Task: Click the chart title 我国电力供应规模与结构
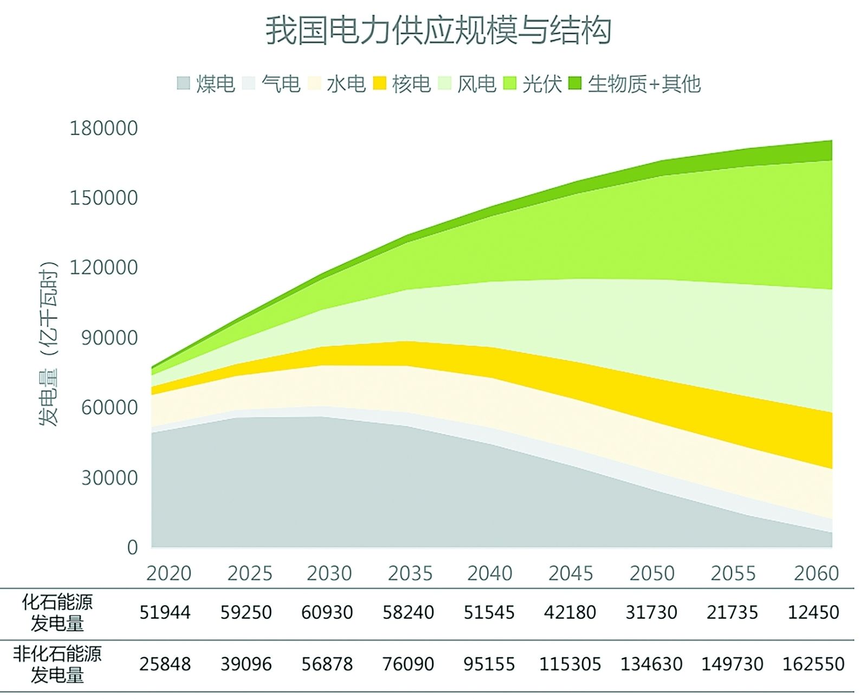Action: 438,30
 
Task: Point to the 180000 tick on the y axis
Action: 103,128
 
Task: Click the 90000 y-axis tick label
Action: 109,338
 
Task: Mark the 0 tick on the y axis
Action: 132,547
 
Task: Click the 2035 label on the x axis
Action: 410,573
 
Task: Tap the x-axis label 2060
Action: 816,573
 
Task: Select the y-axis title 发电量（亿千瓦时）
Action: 48,344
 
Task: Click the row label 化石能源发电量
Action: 57,613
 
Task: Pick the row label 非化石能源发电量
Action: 57,664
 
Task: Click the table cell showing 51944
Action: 165,613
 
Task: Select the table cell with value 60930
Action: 327,613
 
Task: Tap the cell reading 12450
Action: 813,613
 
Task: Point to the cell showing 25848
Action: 165,664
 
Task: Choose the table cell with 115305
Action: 570,664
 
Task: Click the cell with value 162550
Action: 813,664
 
